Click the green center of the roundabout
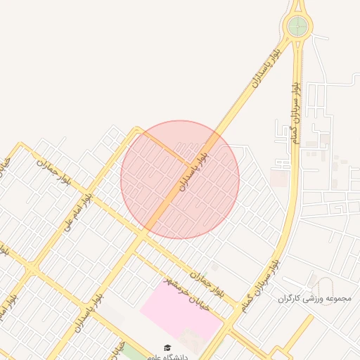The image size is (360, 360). tap(297, 27)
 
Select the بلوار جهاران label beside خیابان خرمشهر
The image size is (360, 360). tap(208, 282)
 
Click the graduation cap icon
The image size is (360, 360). tap(167, 347)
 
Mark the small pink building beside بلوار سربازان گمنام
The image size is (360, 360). tap(278, 178)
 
